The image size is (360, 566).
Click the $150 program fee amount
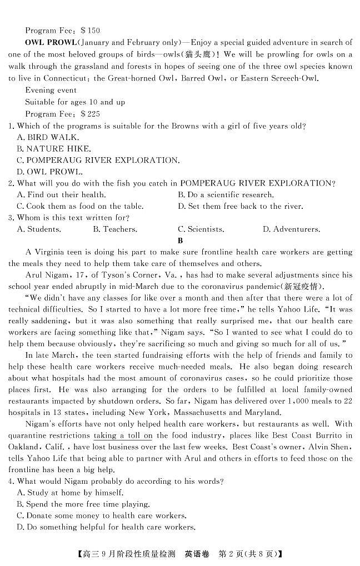(91, 31)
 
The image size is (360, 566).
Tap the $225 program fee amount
(91, 114)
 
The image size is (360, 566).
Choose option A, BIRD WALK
(48, 137)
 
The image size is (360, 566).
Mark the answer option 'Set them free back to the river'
(240, 206)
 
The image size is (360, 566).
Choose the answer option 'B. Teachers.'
(115, 229)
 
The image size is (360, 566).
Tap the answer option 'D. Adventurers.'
(291, 229)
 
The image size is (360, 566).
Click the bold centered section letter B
(180, 241)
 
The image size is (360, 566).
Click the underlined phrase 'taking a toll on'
(123, 435)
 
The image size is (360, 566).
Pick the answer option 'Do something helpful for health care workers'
(106, 527)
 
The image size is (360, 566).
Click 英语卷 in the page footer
(197, 554)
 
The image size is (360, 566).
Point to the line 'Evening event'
(51, 90)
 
